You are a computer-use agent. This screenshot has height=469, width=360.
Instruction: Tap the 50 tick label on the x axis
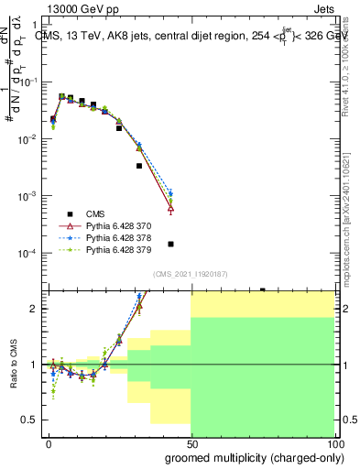[x=191, y=444]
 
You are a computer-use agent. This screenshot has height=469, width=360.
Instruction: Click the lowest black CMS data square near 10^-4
[x=170, y=244]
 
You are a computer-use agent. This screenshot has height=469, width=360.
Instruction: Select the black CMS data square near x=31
[x=139, y=166]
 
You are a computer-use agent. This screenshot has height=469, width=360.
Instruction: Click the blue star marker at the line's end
[x=170, y=192]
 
